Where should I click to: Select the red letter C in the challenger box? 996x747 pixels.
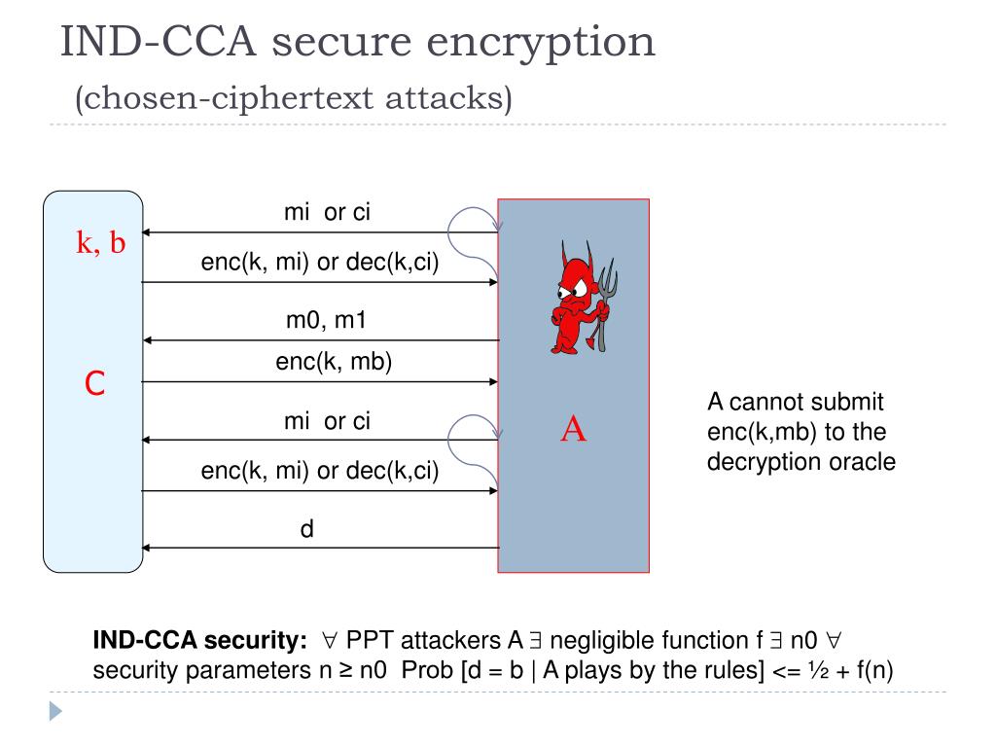tap(94, 385)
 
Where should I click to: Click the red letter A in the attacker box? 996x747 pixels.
tap(574, 429)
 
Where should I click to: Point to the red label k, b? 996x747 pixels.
tap(101, 243)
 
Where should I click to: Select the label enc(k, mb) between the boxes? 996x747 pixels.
tap(334, 362)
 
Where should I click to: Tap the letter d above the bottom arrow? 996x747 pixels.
tap(305, 530)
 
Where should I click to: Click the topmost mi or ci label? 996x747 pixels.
tap(327, 213)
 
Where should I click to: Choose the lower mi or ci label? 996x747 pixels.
tap(327, 421)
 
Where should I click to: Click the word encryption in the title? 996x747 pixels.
tap(560, 43)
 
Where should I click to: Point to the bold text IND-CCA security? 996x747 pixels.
tap(199, 640)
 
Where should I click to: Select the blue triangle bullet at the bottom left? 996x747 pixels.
tap(55, 712)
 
